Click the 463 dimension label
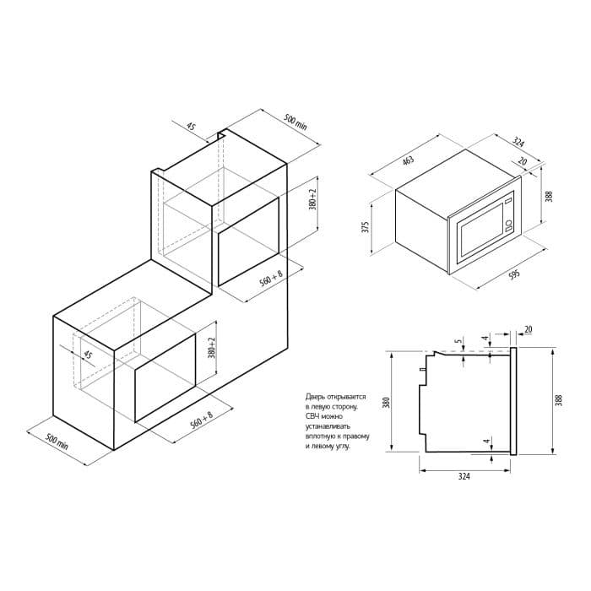point(408,160)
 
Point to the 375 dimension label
point(365,227)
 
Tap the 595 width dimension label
point(513,274)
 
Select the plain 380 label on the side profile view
point(385,403)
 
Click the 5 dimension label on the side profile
point(458,341)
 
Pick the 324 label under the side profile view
point(464,476)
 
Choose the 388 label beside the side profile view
point(559,400)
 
